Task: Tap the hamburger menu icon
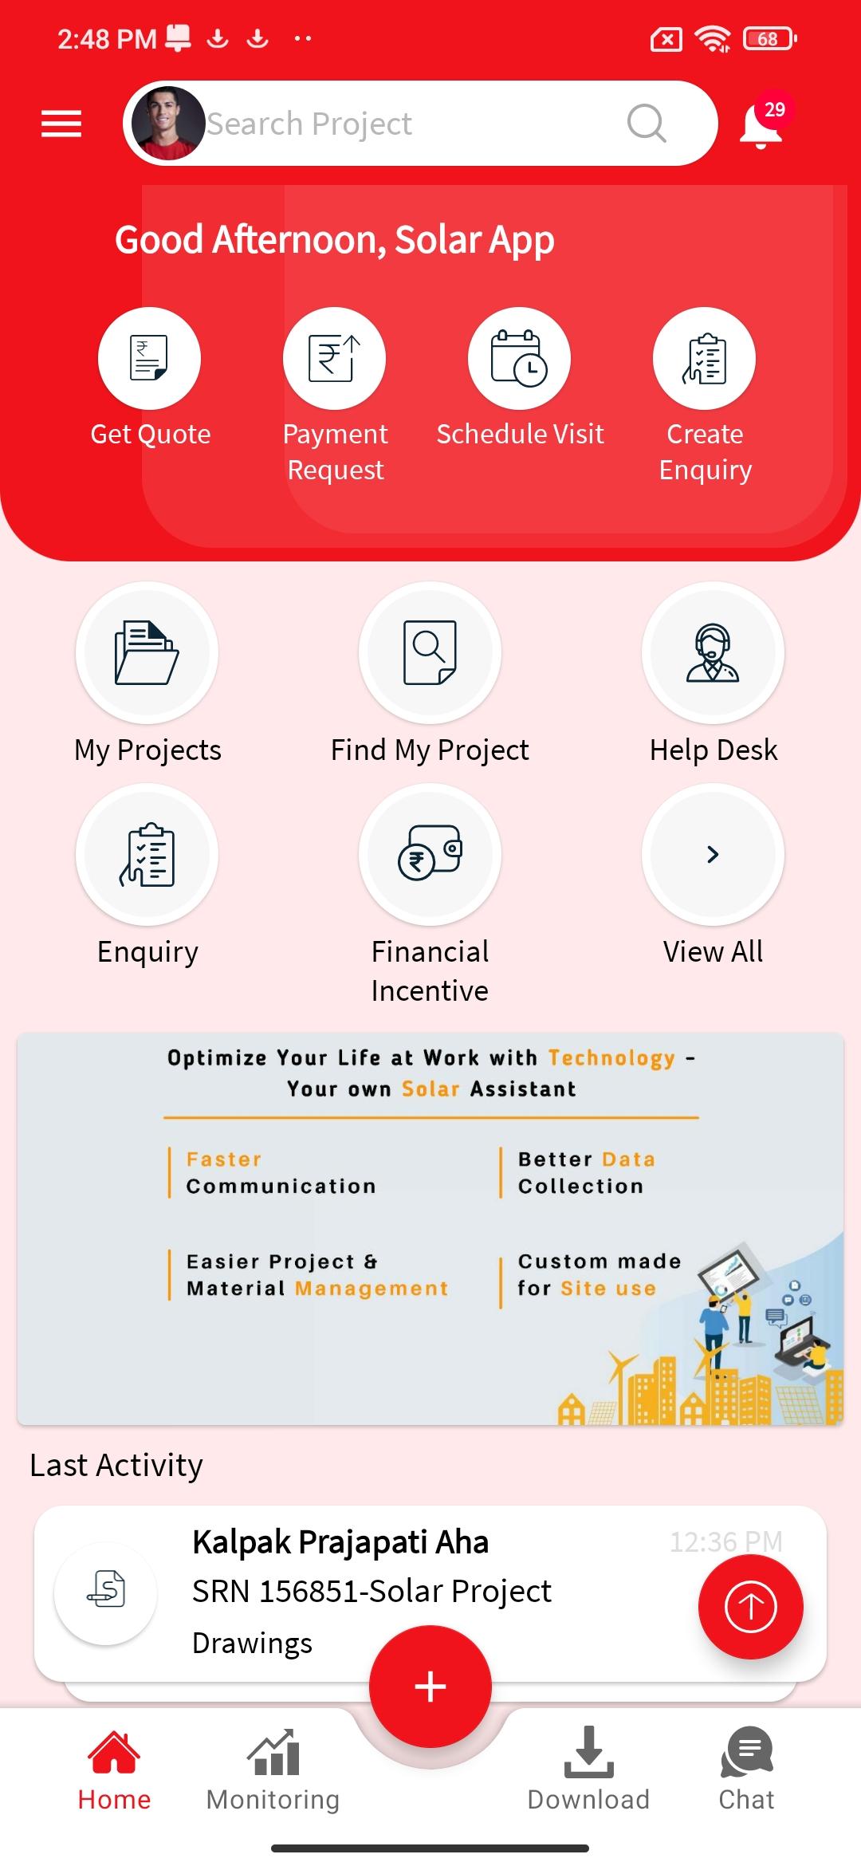click(x=61, y=124)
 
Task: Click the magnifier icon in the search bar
click(x=647, y=124)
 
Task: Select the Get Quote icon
click(x=149, y=358)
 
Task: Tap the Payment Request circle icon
click(x=335, y=358)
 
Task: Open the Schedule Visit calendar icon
click(x=520, y=358)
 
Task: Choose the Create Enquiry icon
click(x=705, y=358)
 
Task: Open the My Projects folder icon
click(x=147, y=652)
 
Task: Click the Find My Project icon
click(x=430, y=652)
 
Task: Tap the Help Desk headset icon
click(x=713, y=652)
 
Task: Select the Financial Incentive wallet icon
click(x=430, y=853)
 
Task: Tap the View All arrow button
click(x=713, y=853)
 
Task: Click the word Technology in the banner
click(x=611, y=1058)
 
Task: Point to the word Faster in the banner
click(x=224, y=1159)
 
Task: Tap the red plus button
click(x=431, y=1687)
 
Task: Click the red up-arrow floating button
click(x=750, y=1607)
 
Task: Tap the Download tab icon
click(x=588, y=1752)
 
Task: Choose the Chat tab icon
click(x=747, y=1752)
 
